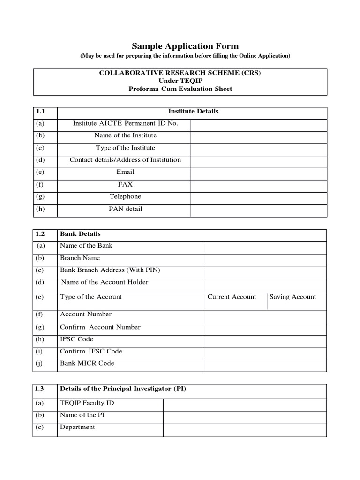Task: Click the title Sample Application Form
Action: [185, 46]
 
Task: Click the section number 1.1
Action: [40, 112]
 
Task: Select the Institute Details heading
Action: [193, 112]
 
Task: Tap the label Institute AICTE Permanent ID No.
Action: [125, 124]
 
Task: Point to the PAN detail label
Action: [125, 209]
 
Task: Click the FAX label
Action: [125, 185]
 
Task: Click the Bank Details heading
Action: [80, 234]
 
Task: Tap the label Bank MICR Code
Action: [87, 363]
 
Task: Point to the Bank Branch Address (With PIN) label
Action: [110, 270]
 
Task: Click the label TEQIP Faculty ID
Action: [87, 403]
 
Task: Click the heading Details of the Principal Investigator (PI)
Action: [123, 389]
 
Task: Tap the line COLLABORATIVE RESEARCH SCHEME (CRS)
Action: [180, 73]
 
